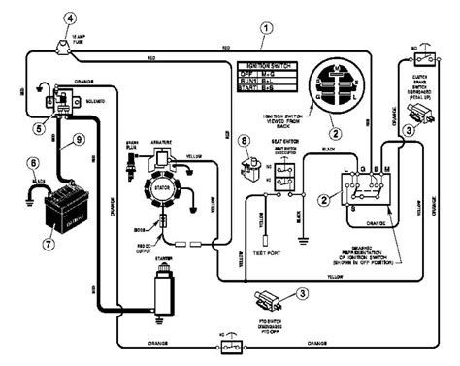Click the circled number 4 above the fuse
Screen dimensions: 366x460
point(69,17)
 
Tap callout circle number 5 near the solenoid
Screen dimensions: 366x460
point(39,126)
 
